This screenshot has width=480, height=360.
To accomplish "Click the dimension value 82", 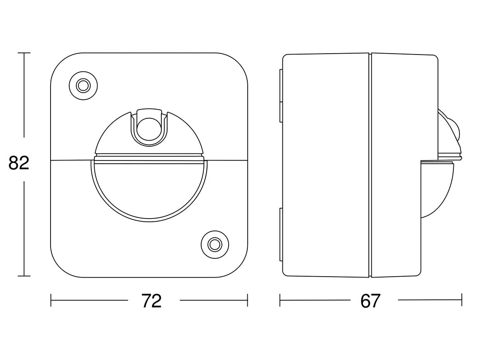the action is [x=19, y=163].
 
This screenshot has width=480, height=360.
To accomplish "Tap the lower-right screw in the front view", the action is [x=215, y=245].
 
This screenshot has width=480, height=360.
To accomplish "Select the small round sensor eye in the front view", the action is [x=149, y=129].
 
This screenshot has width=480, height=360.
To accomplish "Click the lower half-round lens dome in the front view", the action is [x=149, y=190].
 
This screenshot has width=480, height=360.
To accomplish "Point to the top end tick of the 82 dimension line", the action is [x=24, y=53].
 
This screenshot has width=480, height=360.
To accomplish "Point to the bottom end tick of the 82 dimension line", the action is [x=24, y=276].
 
